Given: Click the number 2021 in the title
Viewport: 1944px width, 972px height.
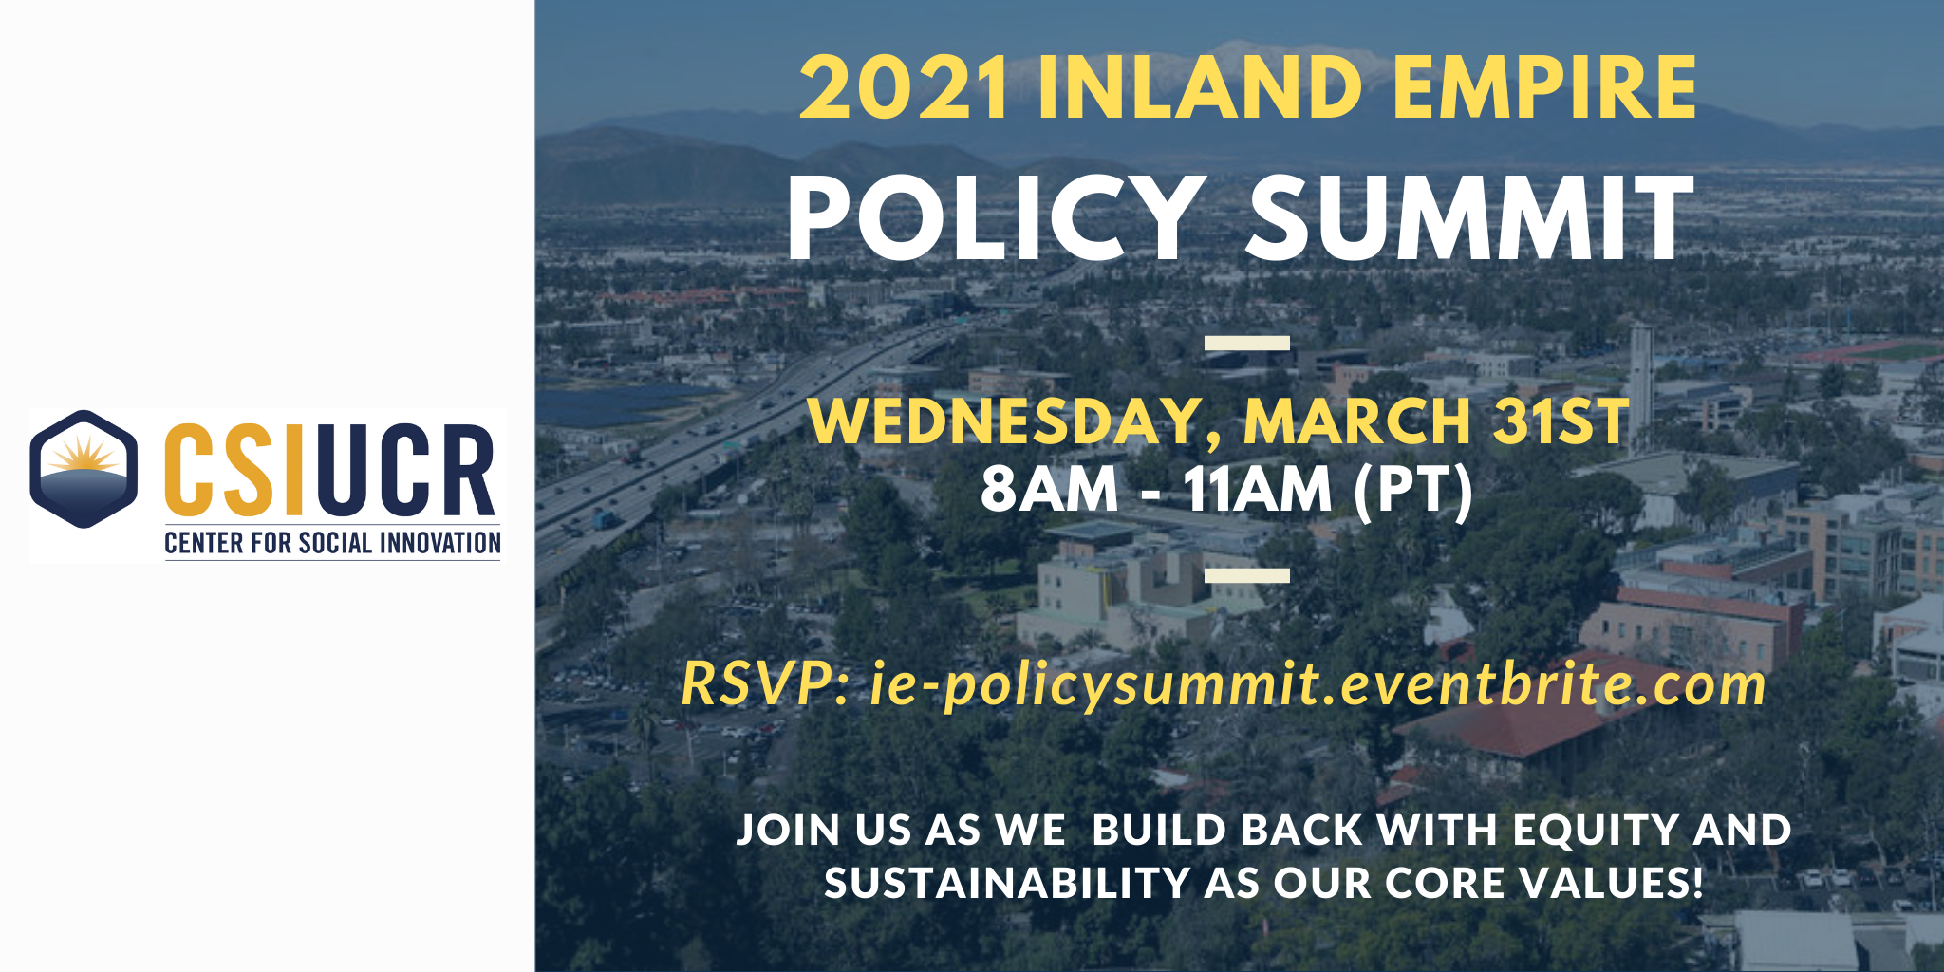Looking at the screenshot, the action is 904,88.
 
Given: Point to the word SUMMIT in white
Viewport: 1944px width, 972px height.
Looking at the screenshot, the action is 1471,219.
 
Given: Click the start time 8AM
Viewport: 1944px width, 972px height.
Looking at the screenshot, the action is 1050,490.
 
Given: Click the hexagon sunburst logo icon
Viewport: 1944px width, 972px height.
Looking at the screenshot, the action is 84,469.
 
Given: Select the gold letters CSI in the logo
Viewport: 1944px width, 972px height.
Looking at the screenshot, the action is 234,469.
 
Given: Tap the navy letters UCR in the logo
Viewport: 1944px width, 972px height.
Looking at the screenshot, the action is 402,469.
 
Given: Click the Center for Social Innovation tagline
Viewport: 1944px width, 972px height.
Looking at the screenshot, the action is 332,543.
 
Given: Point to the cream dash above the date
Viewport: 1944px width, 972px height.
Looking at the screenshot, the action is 1247,343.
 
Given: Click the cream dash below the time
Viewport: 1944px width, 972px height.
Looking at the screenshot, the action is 1247,574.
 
